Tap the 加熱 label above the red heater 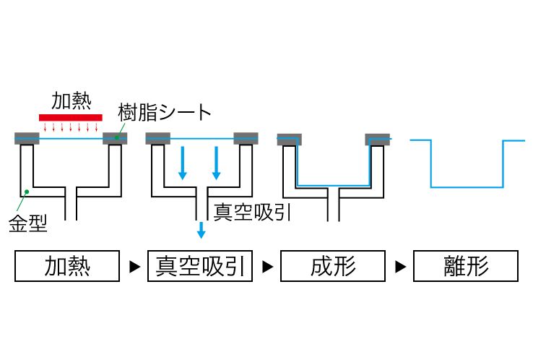[70, 100]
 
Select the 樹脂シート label [165, 112]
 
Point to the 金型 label [28, 223]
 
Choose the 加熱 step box [67, 266]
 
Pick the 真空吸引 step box [200, 266]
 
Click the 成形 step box [333, 266]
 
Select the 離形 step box [466, 266]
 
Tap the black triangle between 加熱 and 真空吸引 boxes [134, 267]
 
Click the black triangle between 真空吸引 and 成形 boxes [266, 267]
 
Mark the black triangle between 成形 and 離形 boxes [399, 267]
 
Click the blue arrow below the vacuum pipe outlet [201, 230]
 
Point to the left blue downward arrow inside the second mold [183, 163]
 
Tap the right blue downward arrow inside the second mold [215, 163]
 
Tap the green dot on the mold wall [26, 192]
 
